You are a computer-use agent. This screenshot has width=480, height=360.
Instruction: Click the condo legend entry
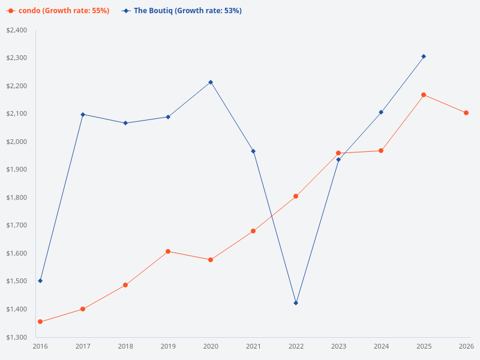click(x=58, y=11)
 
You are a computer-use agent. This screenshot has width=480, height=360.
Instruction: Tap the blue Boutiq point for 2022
click(x=296, y=303)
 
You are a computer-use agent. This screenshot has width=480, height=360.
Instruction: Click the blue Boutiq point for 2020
click(x=211, y=82)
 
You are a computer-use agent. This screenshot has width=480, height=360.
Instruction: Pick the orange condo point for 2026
click(x=466, y=113)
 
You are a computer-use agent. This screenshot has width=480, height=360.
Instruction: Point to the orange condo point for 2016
click(x=40, y=322)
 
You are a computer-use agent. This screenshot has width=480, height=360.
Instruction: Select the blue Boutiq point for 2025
click(x=424, y=56)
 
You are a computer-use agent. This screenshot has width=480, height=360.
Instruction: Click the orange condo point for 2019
click(x=168, y=251)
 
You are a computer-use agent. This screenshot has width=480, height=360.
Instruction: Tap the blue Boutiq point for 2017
click(x=83, y=115)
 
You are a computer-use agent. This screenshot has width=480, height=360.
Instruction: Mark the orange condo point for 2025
click(x=424, y=95)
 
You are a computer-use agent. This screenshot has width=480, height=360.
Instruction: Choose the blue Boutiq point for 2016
click(x=40, y=281)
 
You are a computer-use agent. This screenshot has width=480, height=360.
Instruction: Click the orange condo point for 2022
click(x=296, y=196)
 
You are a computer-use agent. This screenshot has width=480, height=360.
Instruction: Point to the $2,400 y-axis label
click(x=17, y=30)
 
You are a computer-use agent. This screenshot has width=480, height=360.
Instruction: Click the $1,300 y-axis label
click(x=17, y=337)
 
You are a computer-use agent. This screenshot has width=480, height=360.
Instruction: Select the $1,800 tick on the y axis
click(x=17, y=197)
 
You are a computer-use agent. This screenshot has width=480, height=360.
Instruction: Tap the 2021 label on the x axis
click(x=253, y=346)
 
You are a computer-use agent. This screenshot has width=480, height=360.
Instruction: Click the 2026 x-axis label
click(x=466, y=346)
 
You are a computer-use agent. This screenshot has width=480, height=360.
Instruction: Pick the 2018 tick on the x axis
click(x=125, y=346)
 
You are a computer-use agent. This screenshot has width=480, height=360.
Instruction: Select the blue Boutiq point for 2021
click(x=253, y=151)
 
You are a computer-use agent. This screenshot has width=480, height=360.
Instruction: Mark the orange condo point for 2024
click(x=381, y=151)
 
